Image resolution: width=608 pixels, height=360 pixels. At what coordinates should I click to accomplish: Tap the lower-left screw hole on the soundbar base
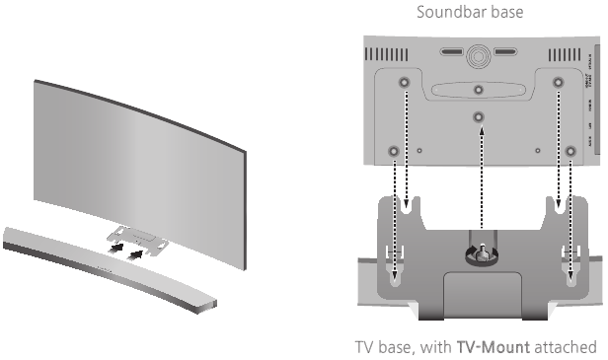pyautogui.click(x=394, y=151)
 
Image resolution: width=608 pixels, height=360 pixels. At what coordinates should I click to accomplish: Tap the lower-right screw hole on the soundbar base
pyautogui.click(x=569, y=151)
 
